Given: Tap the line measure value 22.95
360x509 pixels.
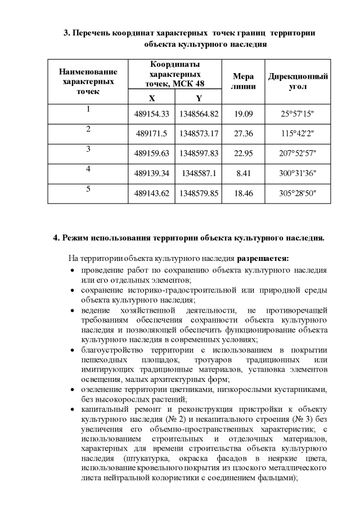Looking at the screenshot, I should tap(244, 153).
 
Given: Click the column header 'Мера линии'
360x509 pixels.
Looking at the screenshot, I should tap(244, 82).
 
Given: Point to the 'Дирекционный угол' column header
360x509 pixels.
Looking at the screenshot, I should tap(298, 82).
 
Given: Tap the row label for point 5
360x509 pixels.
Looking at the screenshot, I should tap(88, 189).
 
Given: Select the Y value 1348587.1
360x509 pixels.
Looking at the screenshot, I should tap(199, 173).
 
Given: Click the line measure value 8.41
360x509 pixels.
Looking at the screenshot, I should tap(244, 173).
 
